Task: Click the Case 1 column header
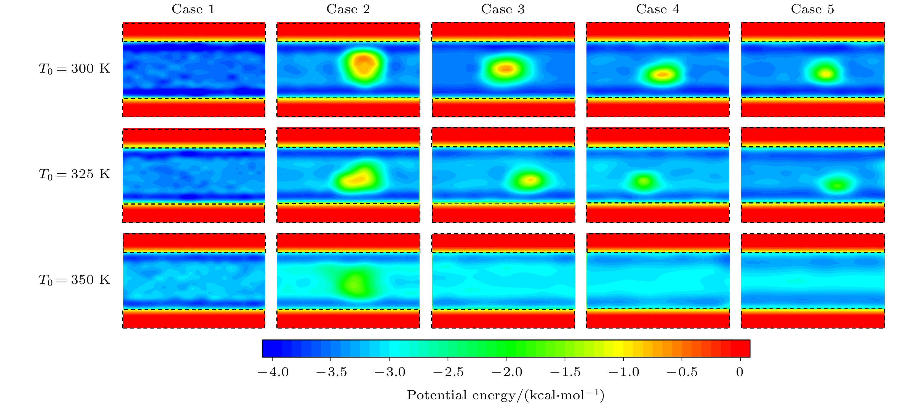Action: (193, 9)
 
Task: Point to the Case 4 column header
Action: (658, 9)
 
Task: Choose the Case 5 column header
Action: (812, 9)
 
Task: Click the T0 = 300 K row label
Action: (74, 68)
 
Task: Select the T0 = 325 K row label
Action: (74, 174)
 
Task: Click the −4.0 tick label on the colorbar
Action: (273, 372)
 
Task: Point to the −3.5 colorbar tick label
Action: (331, 372)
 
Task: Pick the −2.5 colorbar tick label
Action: (448, 372)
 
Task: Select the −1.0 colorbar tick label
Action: (624, 372)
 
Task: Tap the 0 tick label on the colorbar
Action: (740, 372)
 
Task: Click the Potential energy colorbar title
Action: (505, 395)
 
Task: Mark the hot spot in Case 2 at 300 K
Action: (364, 65)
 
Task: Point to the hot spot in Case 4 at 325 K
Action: (644, 181)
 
